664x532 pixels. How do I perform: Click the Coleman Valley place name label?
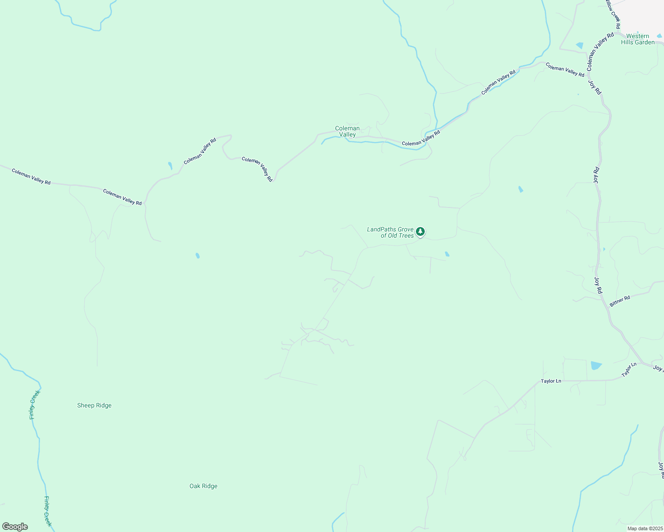(347, 131)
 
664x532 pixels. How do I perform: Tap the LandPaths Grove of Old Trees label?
(390, 232)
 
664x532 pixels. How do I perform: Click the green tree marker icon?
(420, 231)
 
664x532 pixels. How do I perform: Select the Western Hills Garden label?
(638, 39)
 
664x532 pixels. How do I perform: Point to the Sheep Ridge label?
(94, 405)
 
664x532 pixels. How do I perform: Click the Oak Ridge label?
(203, 486)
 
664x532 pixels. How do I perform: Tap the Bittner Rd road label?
(620, 301)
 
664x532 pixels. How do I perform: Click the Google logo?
(15, 526)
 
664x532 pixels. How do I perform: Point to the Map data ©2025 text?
(644, 528)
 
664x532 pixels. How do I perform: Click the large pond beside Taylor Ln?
(596, 365)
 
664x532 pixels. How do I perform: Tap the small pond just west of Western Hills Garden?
(579, 45)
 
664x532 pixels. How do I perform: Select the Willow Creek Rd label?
(613, 14)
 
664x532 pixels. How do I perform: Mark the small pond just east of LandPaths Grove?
(447, 254)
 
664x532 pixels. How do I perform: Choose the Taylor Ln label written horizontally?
(551, 381)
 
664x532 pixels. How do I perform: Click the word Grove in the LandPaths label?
(405, 229)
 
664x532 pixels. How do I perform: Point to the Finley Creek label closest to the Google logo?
(48, 511)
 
